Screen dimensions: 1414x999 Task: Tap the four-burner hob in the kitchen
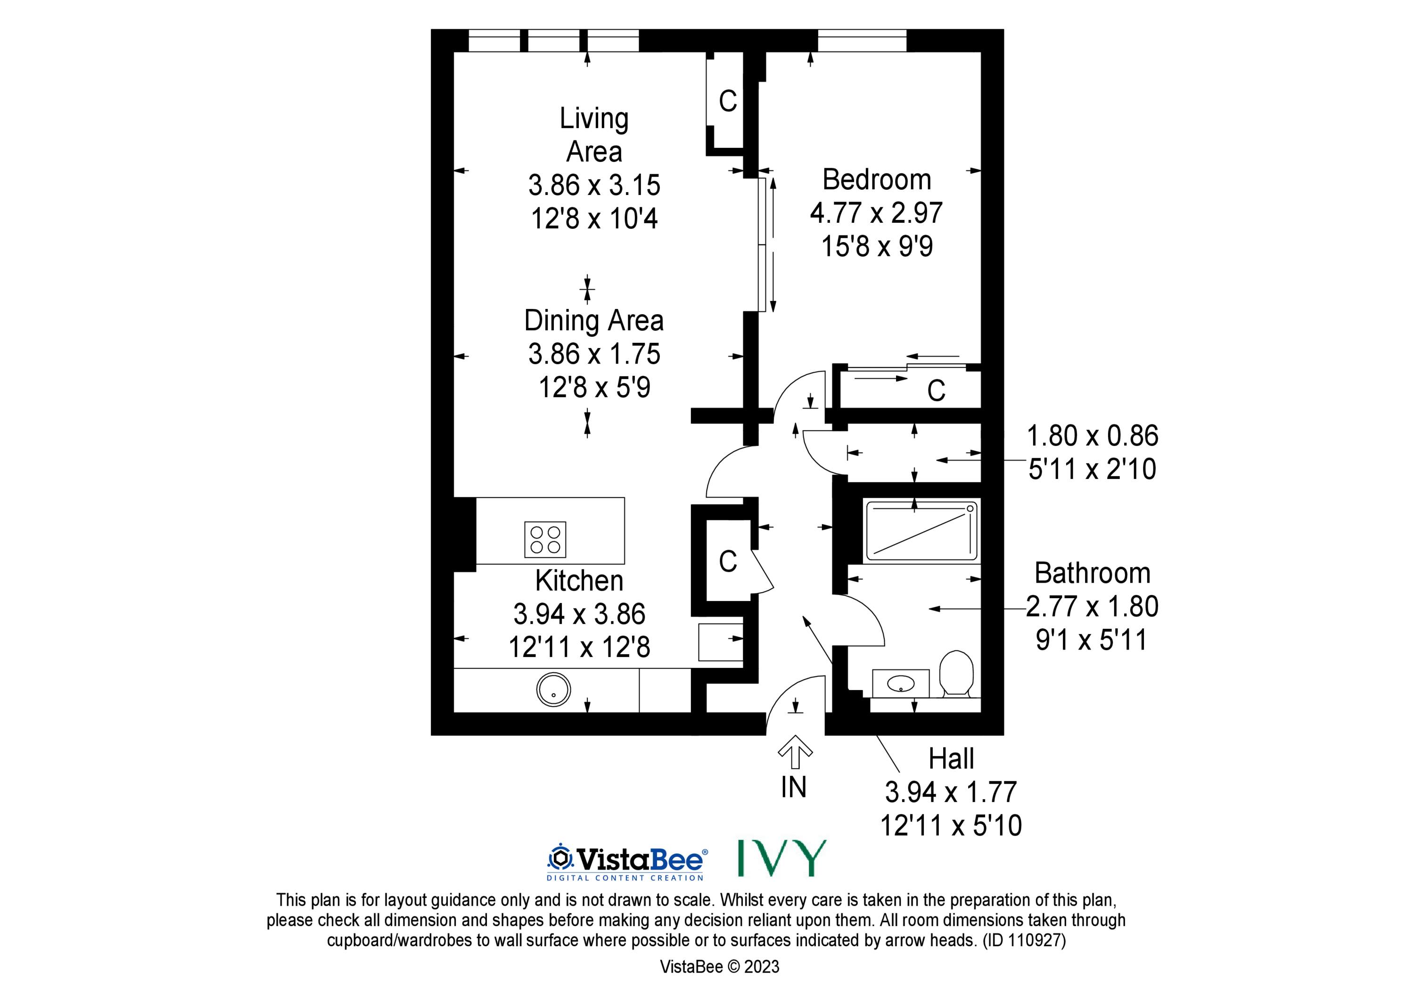(545, 540)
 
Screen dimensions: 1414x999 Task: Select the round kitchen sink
(554, 690)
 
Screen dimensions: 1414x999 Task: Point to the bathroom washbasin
(901, 683)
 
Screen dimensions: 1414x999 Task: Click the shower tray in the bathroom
(922, 530)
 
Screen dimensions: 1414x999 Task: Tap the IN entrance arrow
(795, 752)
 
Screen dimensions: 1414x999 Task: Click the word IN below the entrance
(794, 787)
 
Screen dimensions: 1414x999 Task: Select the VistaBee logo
(627, 862)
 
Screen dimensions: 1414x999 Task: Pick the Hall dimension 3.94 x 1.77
(951, 792)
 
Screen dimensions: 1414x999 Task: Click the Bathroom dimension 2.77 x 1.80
(1093, 606)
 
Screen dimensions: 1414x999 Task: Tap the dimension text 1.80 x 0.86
(1093, 436)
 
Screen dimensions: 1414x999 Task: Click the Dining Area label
(594, 321)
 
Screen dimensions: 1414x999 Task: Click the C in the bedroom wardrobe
(936, 390)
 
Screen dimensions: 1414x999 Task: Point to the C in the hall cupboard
(728, 561)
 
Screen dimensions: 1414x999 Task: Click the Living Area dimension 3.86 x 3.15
(594, 185)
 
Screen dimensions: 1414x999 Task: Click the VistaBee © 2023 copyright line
(719, 967)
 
